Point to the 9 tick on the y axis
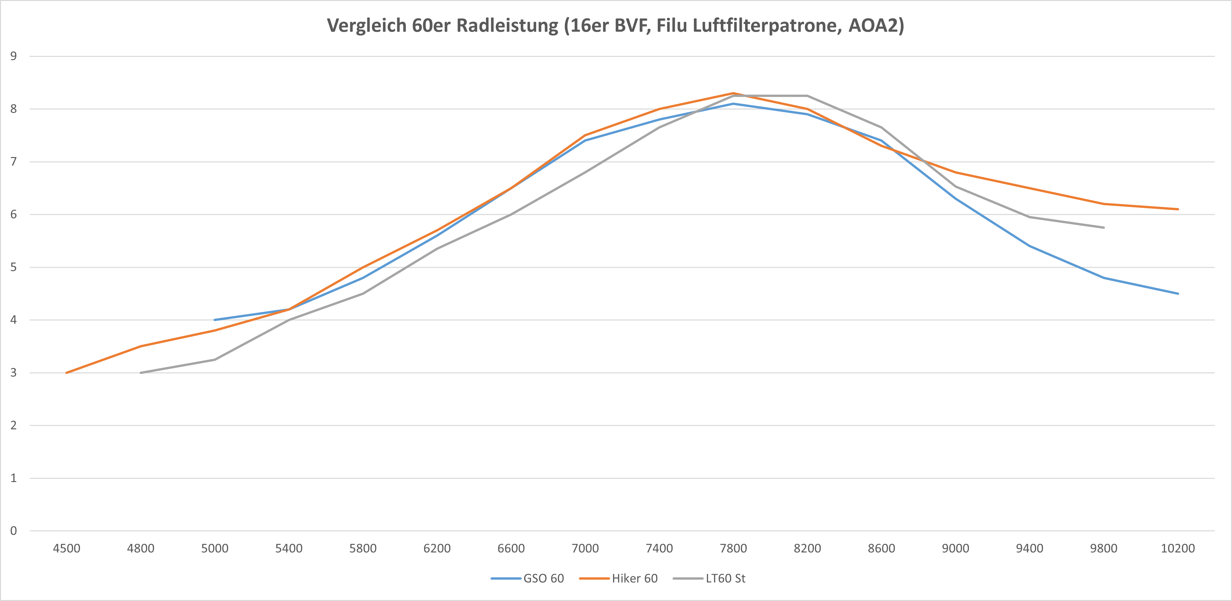tap(13, 56)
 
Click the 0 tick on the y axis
tap(13, 531)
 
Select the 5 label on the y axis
tap(13, 267)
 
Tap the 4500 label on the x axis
tap(66, 548)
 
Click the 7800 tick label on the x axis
tap(733, 548)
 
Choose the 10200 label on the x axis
tap(1177, 548)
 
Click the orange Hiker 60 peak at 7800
tap(733, 93)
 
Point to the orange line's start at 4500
tap(66, 372)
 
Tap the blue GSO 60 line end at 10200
tap(1177, 293)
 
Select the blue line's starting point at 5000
tap(215, 320)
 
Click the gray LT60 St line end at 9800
tap(1103, 227)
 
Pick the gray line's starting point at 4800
tap(141, 372)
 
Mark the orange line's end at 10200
tap(1177, 209)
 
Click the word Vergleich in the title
tap(366, 25)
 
